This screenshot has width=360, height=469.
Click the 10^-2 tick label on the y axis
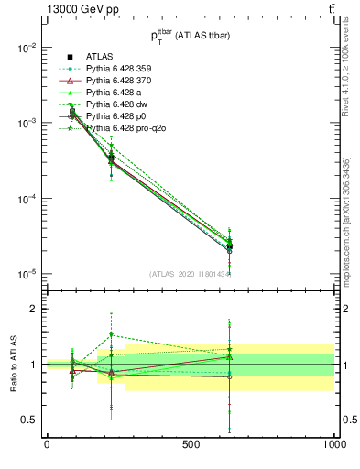27,48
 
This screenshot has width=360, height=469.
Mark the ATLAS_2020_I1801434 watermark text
190,273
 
